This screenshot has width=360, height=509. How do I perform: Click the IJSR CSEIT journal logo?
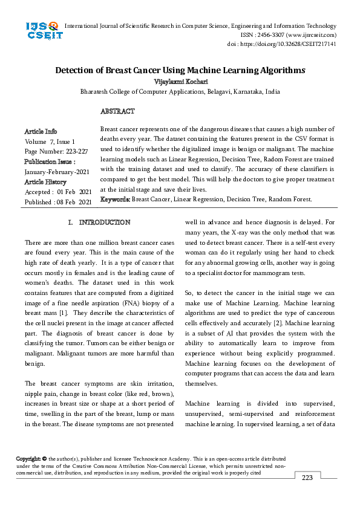(42, 31)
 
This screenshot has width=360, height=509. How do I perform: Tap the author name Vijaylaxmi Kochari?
(180, 81)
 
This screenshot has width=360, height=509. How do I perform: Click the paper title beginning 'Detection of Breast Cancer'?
(180, 70)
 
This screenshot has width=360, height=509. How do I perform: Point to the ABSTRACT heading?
(117, 111)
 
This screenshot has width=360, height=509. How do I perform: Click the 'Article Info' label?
(41, 131)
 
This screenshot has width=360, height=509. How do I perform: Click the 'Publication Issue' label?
(50, 161)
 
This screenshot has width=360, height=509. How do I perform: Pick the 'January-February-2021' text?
(57, 172)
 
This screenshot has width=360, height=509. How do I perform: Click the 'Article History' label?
(46, 181)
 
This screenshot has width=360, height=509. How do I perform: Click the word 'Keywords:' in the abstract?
(115, 199)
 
